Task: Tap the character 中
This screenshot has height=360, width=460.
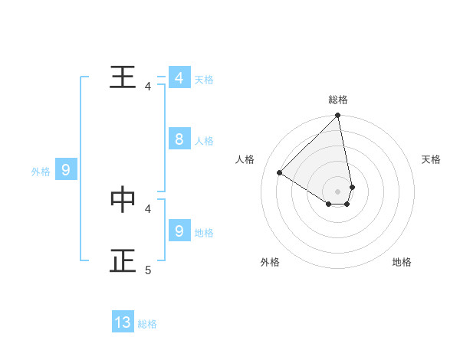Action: click(x=123, y=199)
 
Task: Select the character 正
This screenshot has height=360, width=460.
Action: click(x=123, y=260)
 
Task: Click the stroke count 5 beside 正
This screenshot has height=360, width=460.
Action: click(x=148, y=270)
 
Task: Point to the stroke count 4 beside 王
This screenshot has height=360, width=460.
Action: click(x=148, y=87)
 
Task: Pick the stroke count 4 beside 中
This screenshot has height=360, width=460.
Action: click(x=148, y=208)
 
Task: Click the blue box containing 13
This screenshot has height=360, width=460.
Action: click(x=123, y=322)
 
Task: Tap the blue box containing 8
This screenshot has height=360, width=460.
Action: click(x=179, y=139)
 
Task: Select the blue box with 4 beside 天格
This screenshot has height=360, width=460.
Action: click(x=179, y=78)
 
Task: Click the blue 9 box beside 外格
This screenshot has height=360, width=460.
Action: click(x=66, y=171)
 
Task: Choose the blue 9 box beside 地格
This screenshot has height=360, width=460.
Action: click(x=179, y=230)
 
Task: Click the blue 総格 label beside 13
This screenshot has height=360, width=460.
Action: click(x=147, y=324)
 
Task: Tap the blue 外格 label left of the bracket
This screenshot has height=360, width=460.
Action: click(x=41, y=172)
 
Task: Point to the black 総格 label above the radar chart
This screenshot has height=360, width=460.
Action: click(x=338, y=100)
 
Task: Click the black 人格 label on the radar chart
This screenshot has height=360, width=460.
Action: click(x=245, y=159)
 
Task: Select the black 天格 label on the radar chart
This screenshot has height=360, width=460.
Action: click(x=432, y=159)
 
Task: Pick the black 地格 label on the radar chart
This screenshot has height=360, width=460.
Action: click(x=402, y=262)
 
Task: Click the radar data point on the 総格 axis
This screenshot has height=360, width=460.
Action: click(x=338, y=116)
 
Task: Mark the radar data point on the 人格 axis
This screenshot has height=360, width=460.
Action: click(x=280, y=172)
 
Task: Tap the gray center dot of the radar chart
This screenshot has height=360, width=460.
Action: click(x=338, y=191)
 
